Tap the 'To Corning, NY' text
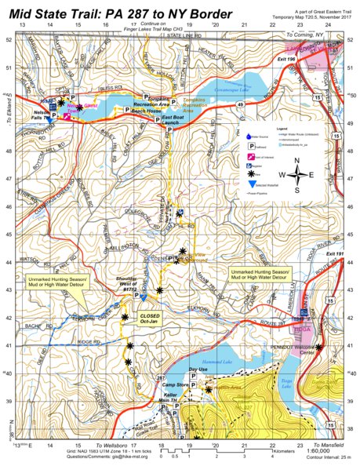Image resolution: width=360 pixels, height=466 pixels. (x=308, y=35)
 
